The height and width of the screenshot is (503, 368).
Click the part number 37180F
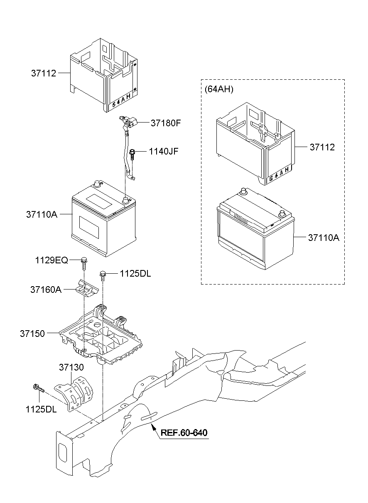166,123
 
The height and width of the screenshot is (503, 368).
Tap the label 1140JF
164,152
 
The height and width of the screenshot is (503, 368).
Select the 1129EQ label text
52,260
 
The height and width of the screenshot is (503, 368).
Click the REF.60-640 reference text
184,433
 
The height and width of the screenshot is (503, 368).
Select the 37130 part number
71,367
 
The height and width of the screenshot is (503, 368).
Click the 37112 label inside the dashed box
321,147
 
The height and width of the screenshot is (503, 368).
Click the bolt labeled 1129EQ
84,262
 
